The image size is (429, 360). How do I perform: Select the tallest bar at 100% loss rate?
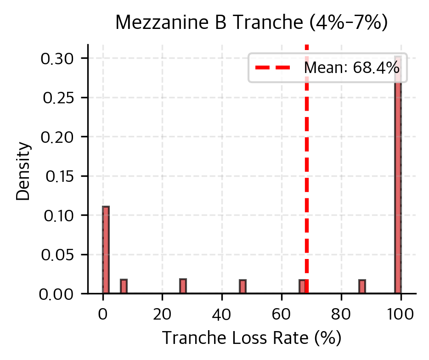(x=398, y=184)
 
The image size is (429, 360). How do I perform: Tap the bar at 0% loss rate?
(x=106, y=250)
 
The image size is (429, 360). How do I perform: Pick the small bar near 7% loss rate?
(x=124, y=286)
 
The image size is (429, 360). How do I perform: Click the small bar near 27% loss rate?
(x=183, y=286)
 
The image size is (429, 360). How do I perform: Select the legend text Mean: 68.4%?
(x=351, y=68)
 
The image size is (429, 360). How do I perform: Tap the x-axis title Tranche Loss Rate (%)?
(x=252, y=338)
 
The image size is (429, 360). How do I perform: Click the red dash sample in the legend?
(x=273, y=68)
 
